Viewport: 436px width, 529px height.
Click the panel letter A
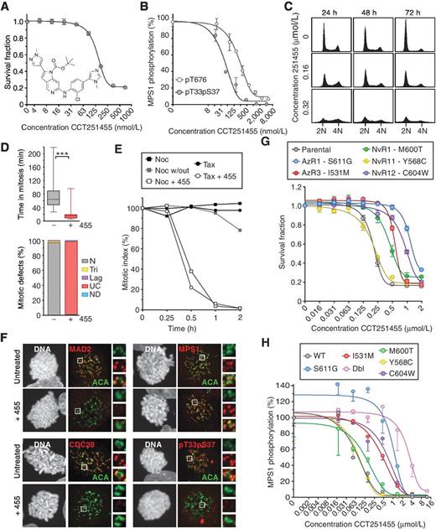pos(7,7)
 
